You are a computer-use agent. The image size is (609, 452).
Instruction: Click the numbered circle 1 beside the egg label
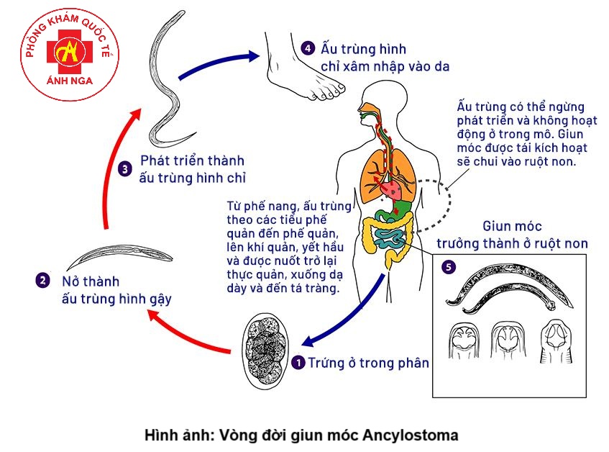click(x=299, y=363)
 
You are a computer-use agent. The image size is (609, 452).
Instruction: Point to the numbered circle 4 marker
click(x=308, y=49)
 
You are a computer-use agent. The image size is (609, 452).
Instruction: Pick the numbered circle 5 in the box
click(x=449, y=267)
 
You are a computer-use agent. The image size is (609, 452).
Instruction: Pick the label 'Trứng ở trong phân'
click(x=368, y=363)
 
